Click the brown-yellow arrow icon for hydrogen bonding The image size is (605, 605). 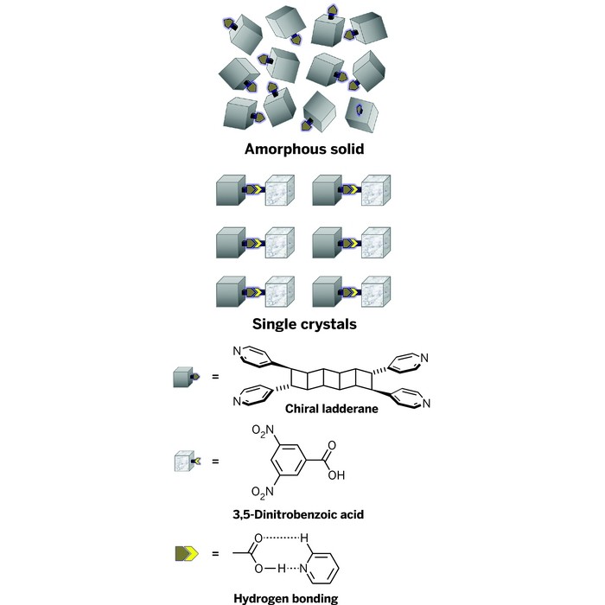coord(188,550)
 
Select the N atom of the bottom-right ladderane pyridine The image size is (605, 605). coord(423,403)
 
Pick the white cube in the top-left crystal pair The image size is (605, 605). coord(281,190)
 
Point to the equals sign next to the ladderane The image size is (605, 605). coord(215,378)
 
